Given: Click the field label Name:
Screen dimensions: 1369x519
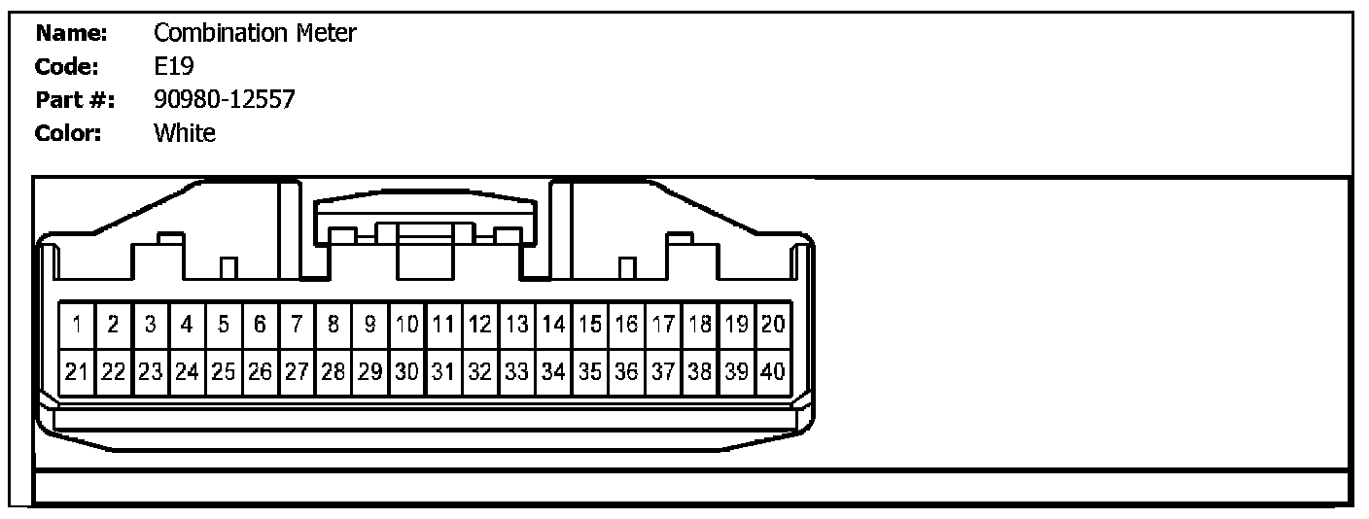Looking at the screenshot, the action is [x=71, y=34].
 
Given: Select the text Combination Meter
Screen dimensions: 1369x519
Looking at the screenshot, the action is [x=255, y=34].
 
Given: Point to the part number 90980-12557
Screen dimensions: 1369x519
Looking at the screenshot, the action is [x=224, y=100].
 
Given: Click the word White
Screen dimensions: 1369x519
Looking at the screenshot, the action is [x=185, y=133].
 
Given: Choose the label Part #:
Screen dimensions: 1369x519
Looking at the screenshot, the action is [x=75, y=100].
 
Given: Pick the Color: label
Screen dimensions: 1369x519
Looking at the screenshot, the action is [x=68, y=133].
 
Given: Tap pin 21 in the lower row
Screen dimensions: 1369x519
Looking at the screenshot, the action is [x=77, y=370].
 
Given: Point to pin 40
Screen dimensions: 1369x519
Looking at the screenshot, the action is [x=773, y=370].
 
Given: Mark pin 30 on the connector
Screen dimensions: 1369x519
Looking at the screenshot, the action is [x=407, y=370].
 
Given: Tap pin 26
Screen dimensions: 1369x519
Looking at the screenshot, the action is [x=260, y=370].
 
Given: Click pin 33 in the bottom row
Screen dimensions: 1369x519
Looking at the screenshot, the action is [x=517, y=370].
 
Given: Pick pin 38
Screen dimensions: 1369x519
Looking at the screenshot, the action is [x=700, y=370].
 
